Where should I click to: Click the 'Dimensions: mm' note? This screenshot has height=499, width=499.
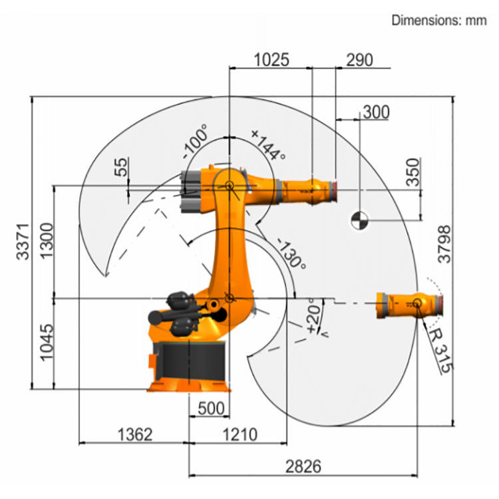(439, 19)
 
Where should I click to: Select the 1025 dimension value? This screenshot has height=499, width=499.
(271, 59)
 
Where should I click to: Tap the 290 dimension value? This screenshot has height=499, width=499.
(359, 59)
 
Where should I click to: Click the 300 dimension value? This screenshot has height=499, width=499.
(376, 112)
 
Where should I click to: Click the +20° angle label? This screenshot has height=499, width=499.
(313, 315)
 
